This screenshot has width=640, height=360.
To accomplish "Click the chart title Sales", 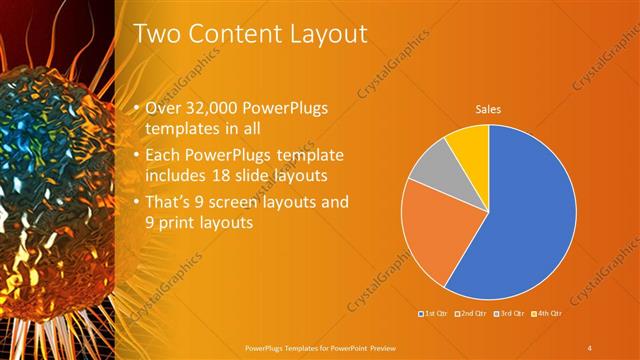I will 488,109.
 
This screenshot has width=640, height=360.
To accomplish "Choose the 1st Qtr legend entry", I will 432,315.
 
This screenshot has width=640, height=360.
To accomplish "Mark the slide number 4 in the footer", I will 590,347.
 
